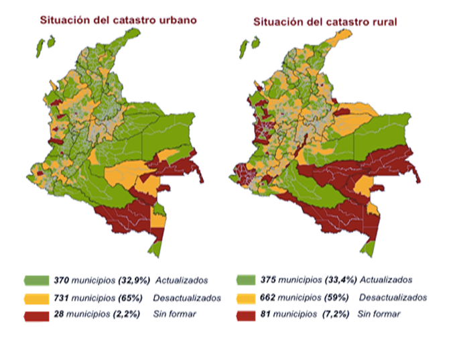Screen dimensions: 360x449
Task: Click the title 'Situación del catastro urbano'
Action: (118, 20)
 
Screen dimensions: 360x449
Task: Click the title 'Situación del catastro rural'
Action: (325, 21)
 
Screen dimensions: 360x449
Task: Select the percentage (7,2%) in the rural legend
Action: (336, 314)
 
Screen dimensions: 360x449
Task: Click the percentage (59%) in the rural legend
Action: (336, 297)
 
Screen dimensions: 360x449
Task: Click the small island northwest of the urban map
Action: (41, 46)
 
